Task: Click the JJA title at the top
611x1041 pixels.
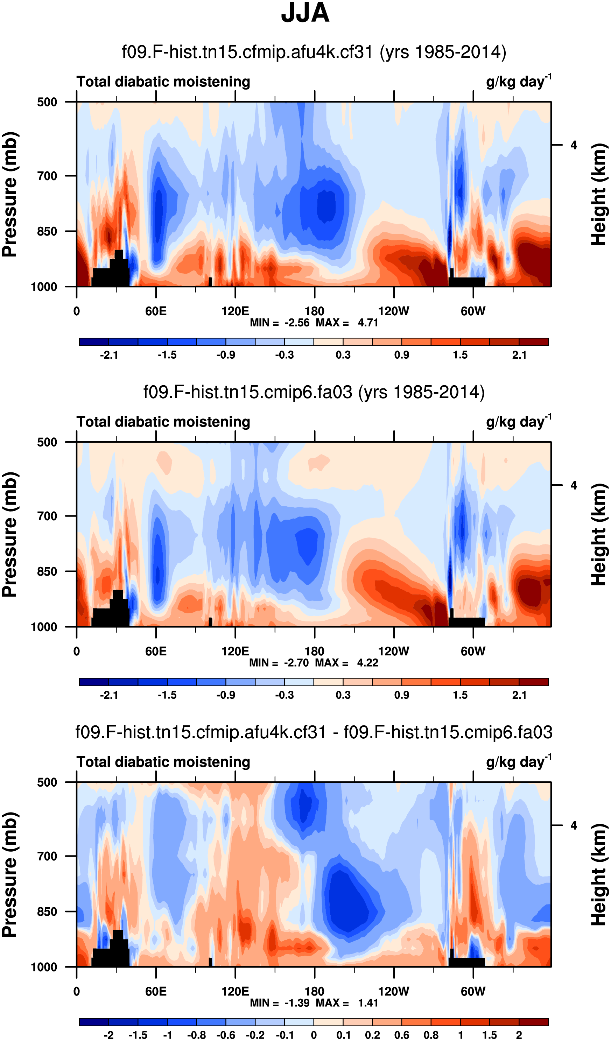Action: [x=305, y=13]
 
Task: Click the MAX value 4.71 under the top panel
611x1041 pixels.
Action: [x=368, y=323]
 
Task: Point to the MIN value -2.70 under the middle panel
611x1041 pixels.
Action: [x=296, y=663]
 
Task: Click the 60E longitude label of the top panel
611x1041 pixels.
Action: [x=156, y=311]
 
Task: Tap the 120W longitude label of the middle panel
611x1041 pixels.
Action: [x=393, y=652]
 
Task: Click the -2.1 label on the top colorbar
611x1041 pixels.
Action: [x=108, y=355]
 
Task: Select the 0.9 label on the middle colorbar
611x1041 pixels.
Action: [x=401, y=695]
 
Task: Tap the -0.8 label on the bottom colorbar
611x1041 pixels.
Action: [x=197, y=1035]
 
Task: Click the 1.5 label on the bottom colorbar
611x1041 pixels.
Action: [x=490, y=1035]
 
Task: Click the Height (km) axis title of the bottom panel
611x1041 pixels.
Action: [x=598, y=874]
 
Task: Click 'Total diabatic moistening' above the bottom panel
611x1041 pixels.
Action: [x=163, y=762]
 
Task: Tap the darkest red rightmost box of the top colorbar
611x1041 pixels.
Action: [x=533, y=342]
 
